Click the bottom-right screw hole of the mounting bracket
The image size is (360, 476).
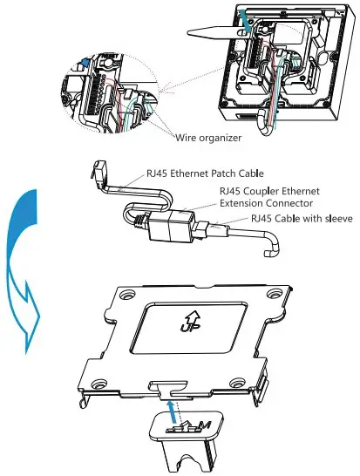pyautogui.click(x=236, y=383)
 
